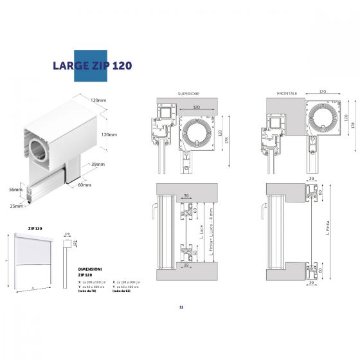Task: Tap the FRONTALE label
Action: point(287,94)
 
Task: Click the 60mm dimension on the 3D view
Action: point(85,184)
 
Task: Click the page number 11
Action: point(181,307)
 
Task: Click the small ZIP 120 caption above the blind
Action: point(35,228)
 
